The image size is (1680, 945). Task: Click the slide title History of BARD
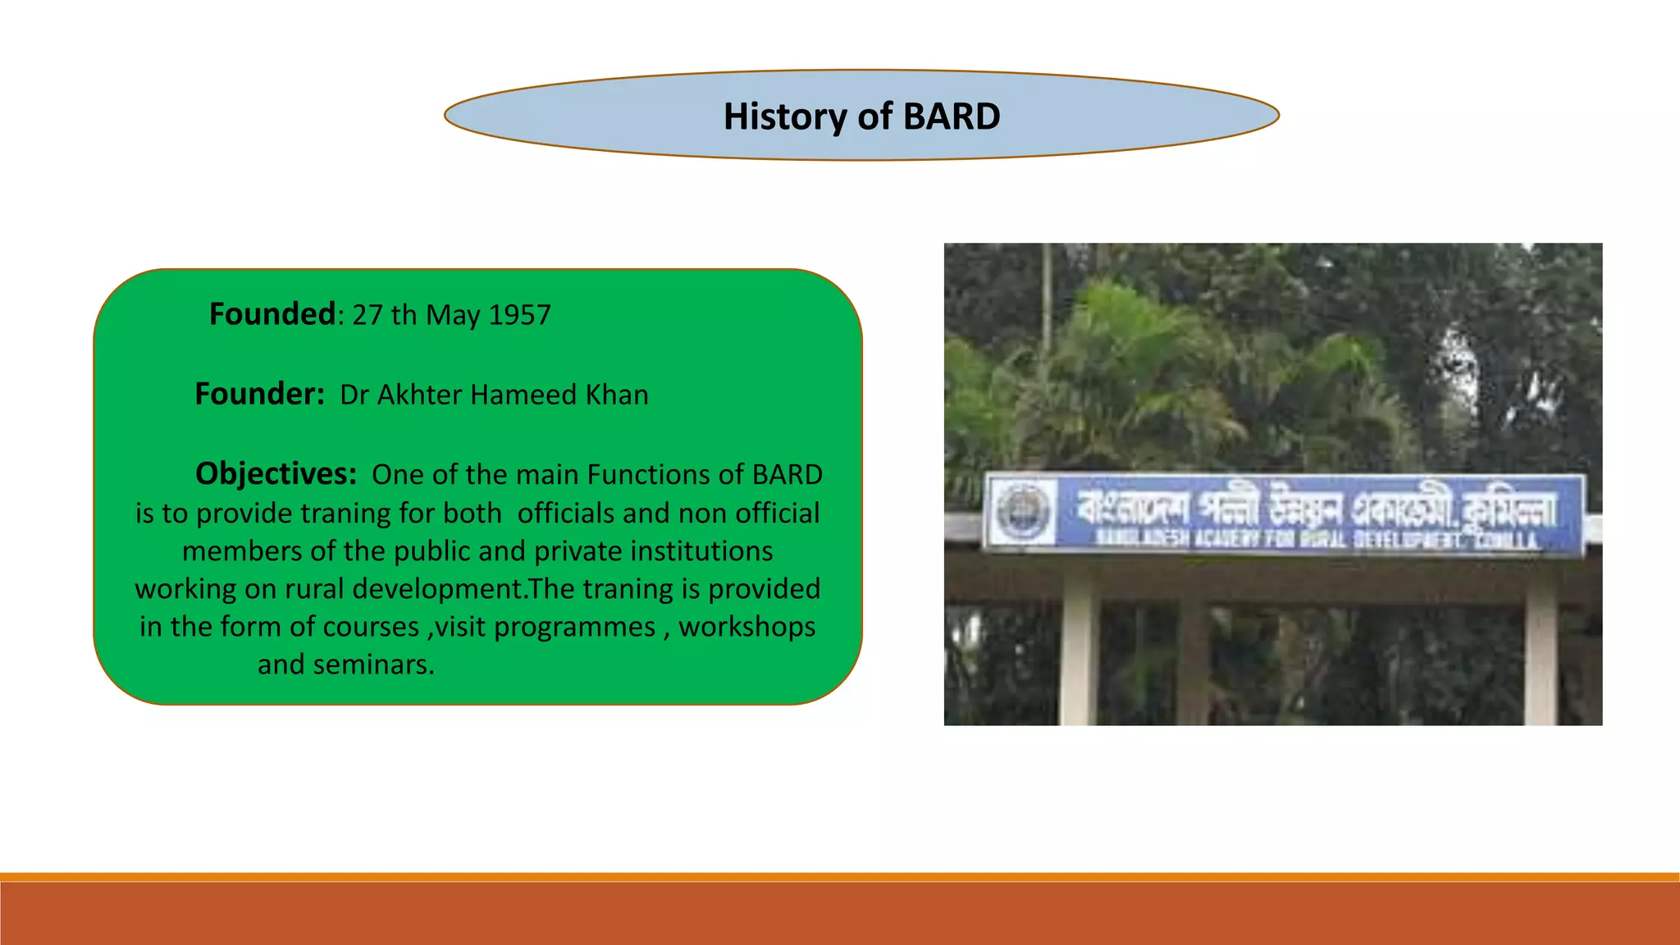[x=861, y=116]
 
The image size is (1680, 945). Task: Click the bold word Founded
[x=272, y=314]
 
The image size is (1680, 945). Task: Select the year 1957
[x=519, y=315]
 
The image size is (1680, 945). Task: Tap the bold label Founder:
[x=260, y=395]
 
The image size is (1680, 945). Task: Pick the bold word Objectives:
[x=276, y=474]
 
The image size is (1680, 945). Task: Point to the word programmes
[x=574, y=628]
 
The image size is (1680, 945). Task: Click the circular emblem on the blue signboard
[x=1023, y=510]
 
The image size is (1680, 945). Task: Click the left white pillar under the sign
[x=1079, y=648]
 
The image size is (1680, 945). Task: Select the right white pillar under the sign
[x=1540, y=648]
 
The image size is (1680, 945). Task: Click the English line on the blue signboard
[x=1317, y=539]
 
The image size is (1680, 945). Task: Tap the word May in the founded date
[x=452, y=315]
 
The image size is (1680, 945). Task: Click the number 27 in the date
[x=367, y=315]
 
